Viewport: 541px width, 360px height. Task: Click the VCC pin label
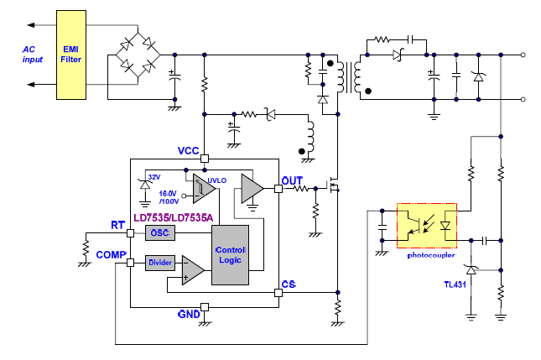189,150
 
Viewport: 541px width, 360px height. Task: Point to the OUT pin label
293,180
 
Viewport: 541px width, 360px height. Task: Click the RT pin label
118,225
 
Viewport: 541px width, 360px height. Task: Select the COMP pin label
112,254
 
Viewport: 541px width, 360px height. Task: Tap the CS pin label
289,284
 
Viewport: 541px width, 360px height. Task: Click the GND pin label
189,315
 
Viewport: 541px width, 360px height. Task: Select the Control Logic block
231,255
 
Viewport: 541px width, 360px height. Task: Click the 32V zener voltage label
153,177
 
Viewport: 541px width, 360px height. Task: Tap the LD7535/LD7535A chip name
175,217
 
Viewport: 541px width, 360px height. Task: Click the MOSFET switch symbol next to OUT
333,187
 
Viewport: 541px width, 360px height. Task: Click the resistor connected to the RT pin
86,248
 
